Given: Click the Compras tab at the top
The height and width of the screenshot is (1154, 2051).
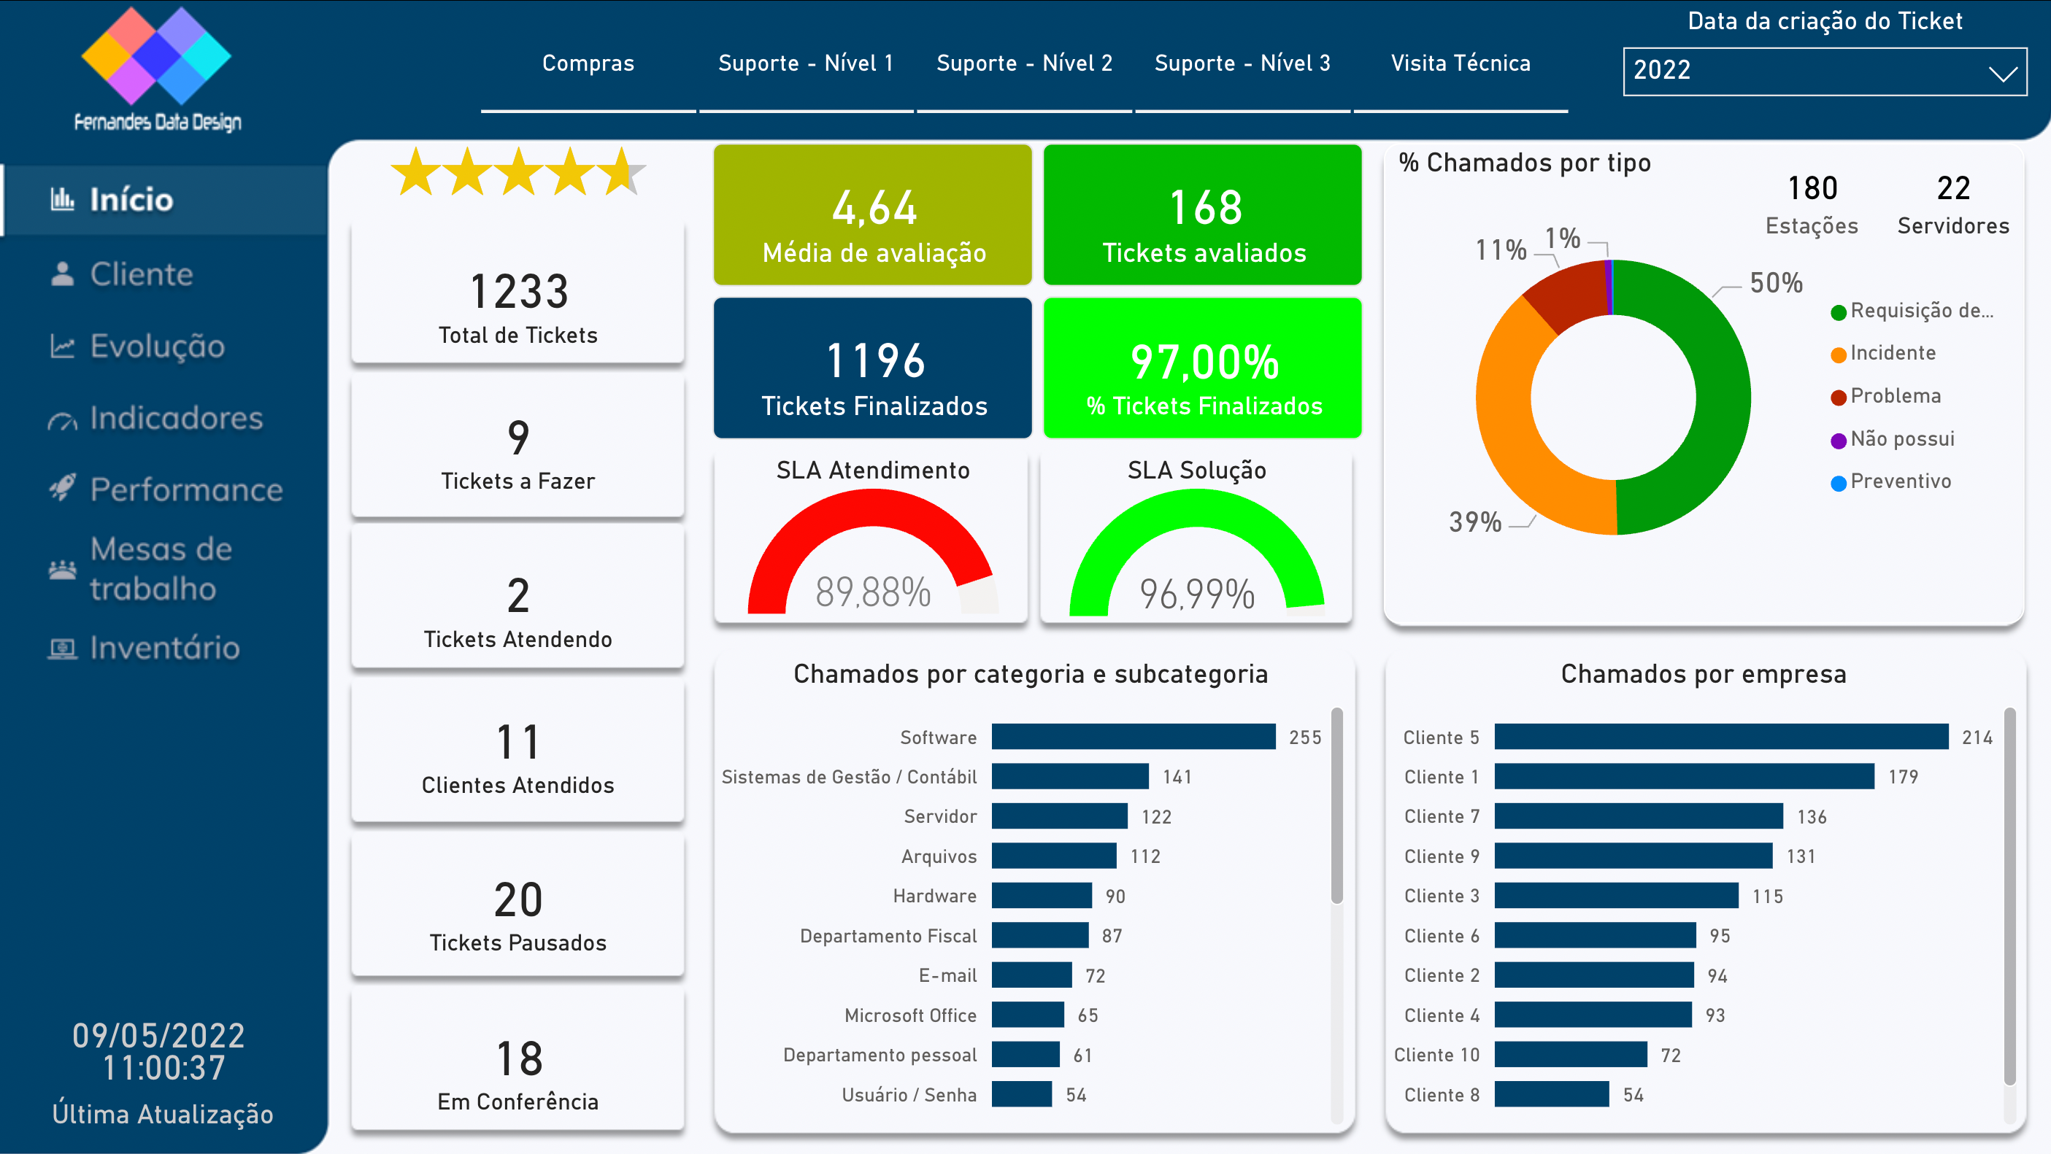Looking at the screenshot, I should coord(588,63).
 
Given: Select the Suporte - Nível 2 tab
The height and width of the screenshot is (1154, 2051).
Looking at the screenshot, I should coord(1024,63).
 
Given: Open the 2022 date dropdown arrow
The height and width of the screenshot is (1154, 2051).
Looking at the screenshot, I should coord(2002,74).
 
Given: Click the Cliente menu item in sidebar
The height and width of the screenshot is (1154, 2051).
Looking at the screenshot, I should coord(141,274).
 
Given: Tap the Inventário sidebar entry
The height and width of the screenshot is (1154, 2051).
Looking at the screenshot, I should coord(164,648).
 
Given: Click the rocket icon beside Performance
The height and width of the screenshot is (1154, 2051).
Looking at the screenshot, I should coord(62,488).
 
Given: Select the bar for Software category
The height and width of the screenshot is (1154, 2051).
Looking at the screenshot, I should coord(1132,737).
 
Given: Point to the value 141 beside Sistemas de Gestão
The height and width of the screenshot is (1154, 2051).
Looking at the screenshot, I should coord(1177,777).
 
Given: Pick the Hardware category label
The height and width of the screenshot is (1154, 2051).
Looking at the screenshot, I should coord(934,897).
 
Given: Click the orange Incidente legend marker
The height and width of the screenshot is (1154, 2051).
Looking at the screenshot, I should coord(1839,355).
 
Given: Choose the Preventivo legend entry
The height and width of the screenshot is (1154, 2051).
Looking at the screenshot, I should coord(1900,481).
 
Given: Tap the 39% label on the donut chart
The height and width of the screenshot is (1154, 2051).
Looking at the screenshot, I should coord(1474,522).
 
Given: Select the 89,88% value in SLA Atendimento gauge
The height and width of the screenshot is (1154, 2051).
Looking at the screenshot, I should coord(873,592).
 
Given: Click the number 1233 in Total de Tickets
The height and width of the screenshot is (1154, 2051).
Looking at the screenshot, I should coord(518,291).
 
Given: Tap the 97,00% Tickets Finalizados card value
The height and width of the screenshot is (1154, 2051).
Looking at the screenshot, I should coord(1204,363).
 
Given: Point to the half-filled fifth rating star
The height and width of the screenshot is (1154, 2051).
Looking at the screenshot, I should coord(624,171).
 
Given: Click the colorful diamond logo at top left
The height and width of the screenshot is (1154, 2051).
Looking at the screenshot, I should coord(156,55).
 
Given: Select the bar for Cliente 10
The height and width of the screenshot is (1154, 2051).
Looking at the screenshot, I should coord(1569,1055).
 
